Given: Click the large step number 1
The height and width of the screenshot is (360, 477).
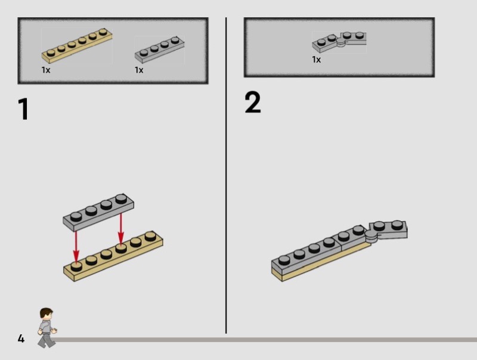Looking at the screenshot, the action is [23, 109].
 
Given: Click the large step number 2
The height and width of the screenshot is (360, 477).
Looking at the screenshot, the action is [253, 102].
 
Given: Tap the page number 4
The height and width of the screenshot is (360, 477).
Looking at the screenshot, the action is [21, 339].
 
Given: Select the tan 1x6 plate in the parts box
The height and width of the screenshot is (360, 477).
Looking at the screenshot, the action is [77, 45].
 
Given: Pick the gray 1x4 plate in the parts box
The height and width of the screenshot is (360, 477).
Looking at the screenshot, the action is [159, 49].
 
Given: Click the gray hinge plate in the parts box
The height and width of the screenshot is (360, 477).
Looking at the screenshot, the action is [339, 42].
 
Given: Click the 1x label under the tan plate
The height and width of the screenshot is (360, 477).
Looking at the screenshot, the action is [46, 70].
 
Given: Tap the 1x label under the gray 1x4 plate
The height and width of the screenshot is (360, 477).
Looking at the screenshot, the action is [139, 70].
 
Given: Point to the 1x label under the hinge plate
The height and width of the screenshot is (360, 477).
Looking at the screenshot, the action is [317, 60].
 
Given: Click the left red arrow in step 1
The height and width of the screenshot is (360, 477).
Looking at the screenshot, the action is [76, 246].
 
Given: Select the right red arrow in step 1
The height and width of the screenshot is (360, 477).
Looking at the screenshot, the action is [121, 229].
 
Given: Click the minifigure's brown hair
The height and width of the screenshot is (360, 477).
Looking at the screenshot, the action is [47, 312].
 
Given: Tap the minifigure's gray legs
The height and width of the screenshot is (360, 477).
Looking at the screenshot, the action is [47, 340].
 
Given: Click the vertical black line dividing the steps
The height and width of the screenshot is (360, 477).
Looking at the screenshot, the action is [226, 175].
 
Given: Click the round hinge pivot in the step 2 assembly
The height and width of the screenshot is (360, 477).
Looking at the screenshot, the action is [371, 235].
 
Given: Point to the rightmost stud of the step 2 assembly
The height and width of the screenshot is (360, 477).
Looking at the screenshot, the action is [397, 225].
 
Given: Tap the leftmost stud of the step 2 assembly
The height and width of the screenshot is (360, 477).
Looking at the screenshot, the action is [284, 260].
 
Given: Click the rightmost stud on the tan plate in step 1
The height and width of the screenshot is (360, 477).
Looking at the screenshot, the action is [151, 236].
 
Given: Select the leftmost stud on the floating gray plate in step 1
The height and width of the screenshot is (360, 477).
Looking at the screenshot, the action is [76, 216].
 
